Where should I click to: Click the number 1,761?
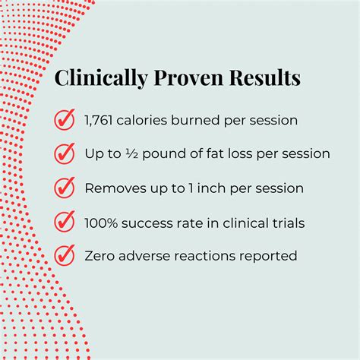click(100, 119)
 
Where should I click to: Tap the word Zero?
click(101, 255)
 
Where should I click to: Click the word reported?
click(270, 256)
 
